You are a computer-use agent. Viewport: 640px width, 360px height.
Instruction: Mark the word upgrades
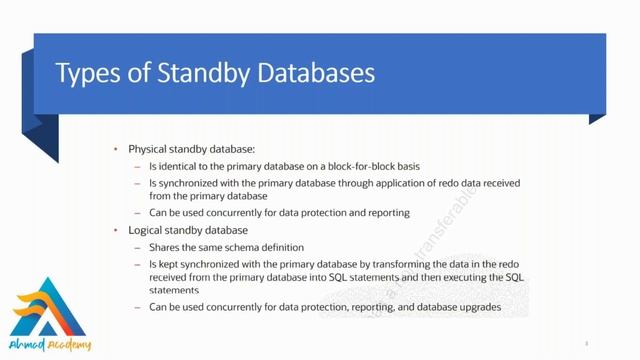[x=477, y=306]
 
